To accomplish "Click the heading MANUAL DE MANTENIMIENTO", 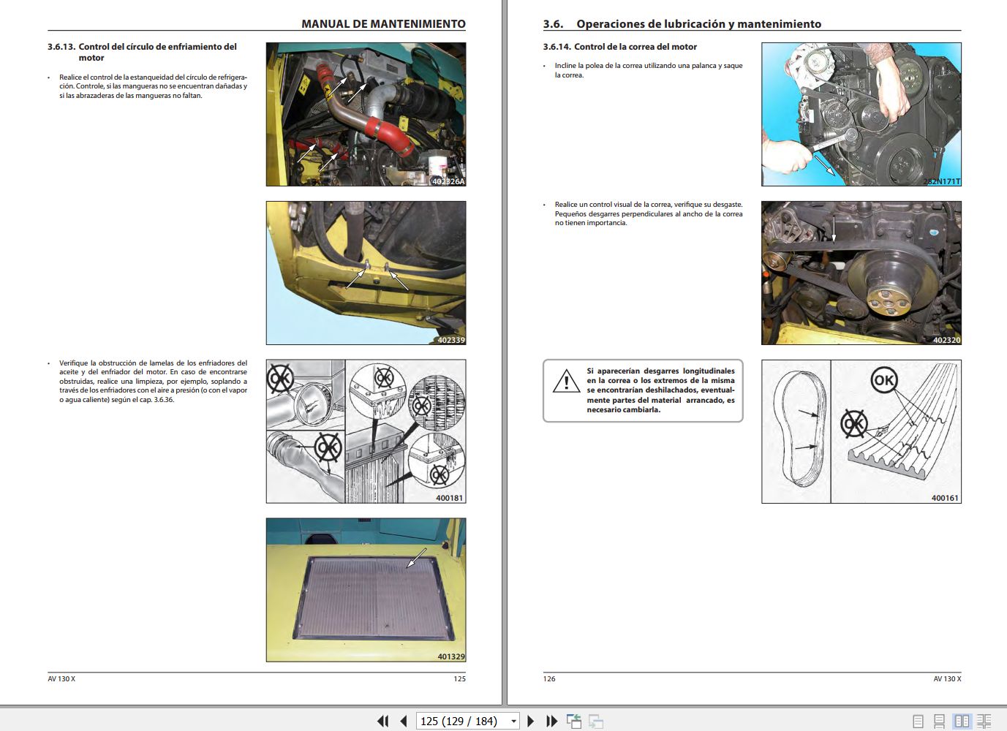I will [x=383, y=24].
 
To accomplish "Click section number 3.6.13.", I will [x=61, y=47].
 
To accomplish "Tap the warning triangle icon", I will [x=566, y=382].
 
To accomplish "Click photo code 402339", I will [x=450, y=340].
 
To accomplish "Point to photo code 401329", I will [x=450, y=656].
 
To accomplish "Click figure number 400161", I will [x=944, y=498].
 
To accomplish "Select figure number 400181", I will [x=449, y=498].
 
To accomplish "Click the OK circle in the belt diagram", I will [x=883, y=380].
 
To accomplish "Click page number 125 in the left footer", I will [x=459, y=679].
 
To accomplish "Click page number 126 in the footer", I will [x=549, y=679].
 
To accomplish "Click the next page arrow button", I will [x=531, y=721].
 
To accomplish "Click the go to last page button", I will [x=552, y=721].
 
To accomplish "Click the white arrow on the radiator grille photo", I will [x=416, y=558].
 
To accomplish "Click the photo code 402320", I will [x=946, y=340].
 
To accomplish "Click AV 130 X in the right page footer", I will [x=947, y=679].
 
